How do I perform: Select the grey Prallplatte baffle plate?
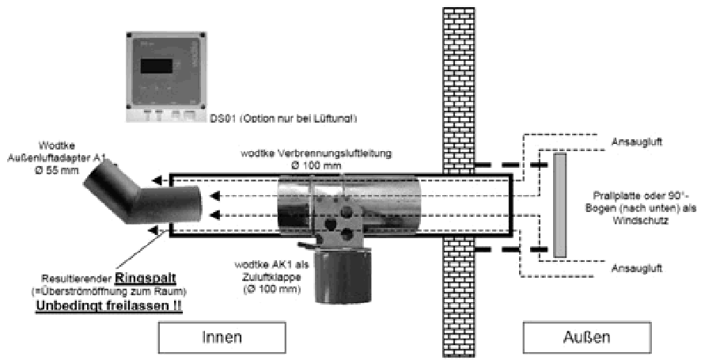(560, 205)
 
